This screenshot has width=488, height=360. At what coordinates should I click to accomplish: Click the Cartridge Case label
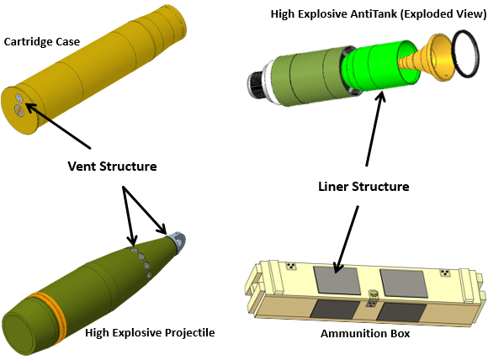click(x=42, y=42)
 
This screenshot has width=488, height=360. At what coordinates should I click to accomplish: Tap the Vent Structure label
click(x=112, y=167)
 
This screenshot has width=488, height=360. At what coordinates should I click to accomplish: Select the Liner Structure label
click(x=363, y=187)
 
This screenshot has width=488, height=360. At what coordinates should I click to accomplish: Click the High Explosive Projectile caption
click(x=150, y=332)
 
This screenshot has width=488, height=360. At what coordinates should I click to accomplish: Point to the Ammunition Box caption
click(x=365, y=334)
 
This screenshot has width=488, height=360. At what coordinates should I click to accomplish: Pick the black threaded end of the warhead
click(x=256, y=85)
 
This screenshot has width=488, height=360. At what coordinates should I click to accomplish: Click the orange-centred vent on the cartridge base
click(x=19, y=110)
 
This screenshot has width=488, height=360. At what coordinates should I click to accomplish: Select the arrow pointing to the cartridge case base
click(x=58, y=126)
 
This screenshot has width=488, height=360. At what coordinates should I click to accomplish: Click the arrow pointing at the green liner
click(x=375, y=128)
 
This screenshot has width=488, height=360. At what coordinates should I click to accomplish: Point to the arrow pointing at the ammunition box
click(x=346, y=239)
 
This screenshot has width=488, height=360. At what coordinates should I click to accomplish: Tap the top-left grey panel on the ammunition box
click(x=337, y=280)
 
